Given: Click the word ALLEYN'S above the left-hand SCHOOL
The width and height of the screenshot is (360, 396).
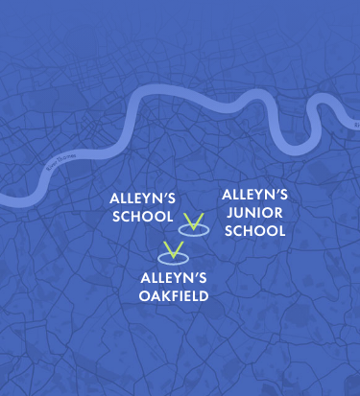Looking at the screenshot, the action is tap(142, 199).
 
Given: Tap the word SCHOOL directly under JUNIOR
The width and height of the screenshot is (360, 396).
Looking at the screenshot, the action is tap(254, 231).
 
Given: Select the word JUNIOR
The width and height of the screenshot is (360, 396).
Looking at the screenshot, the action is tap(254, 213).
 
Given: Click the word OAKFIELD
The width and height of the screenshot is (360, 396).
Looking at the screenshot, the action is tap(174, 295).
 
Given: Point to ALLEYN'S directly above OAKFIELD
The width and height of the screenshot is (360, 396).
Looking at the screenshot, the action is tap(174, 278).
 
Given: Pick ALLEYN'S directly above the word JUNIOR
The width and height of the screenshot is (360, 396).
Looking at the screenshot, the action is tap(254, 195).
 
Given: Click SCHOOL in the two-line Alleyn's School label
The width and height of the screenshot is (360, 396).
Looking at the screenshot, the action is tap(142, 217).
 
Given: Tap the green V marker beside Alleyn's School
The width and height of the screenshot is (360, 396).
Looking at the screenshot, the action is tap(195, 223).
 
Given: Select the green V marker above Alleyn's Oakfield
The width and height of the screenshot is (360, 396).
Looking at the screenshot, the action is tap(173, 251).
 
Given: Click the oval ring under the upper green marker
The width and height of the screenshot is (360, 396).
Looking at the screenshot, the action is tap(195, 231).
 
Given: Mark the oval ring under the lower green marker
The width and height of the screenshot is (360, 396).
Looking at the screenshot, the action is tap(173, 259).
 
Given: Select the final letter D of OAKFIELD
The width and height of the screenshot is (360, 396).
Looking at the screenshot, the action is tap(204, 295).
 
